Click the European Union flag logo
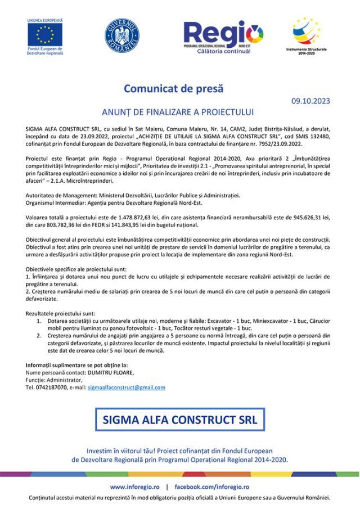(45, 35)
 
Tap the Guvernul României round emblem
(121, 35)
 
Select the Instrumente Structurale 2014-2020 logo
(306, 35)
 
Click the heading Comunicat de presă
(173, 88)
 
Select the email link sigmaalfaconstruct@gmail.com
(127, 388)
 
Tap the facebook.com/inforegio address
(211, 487)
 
